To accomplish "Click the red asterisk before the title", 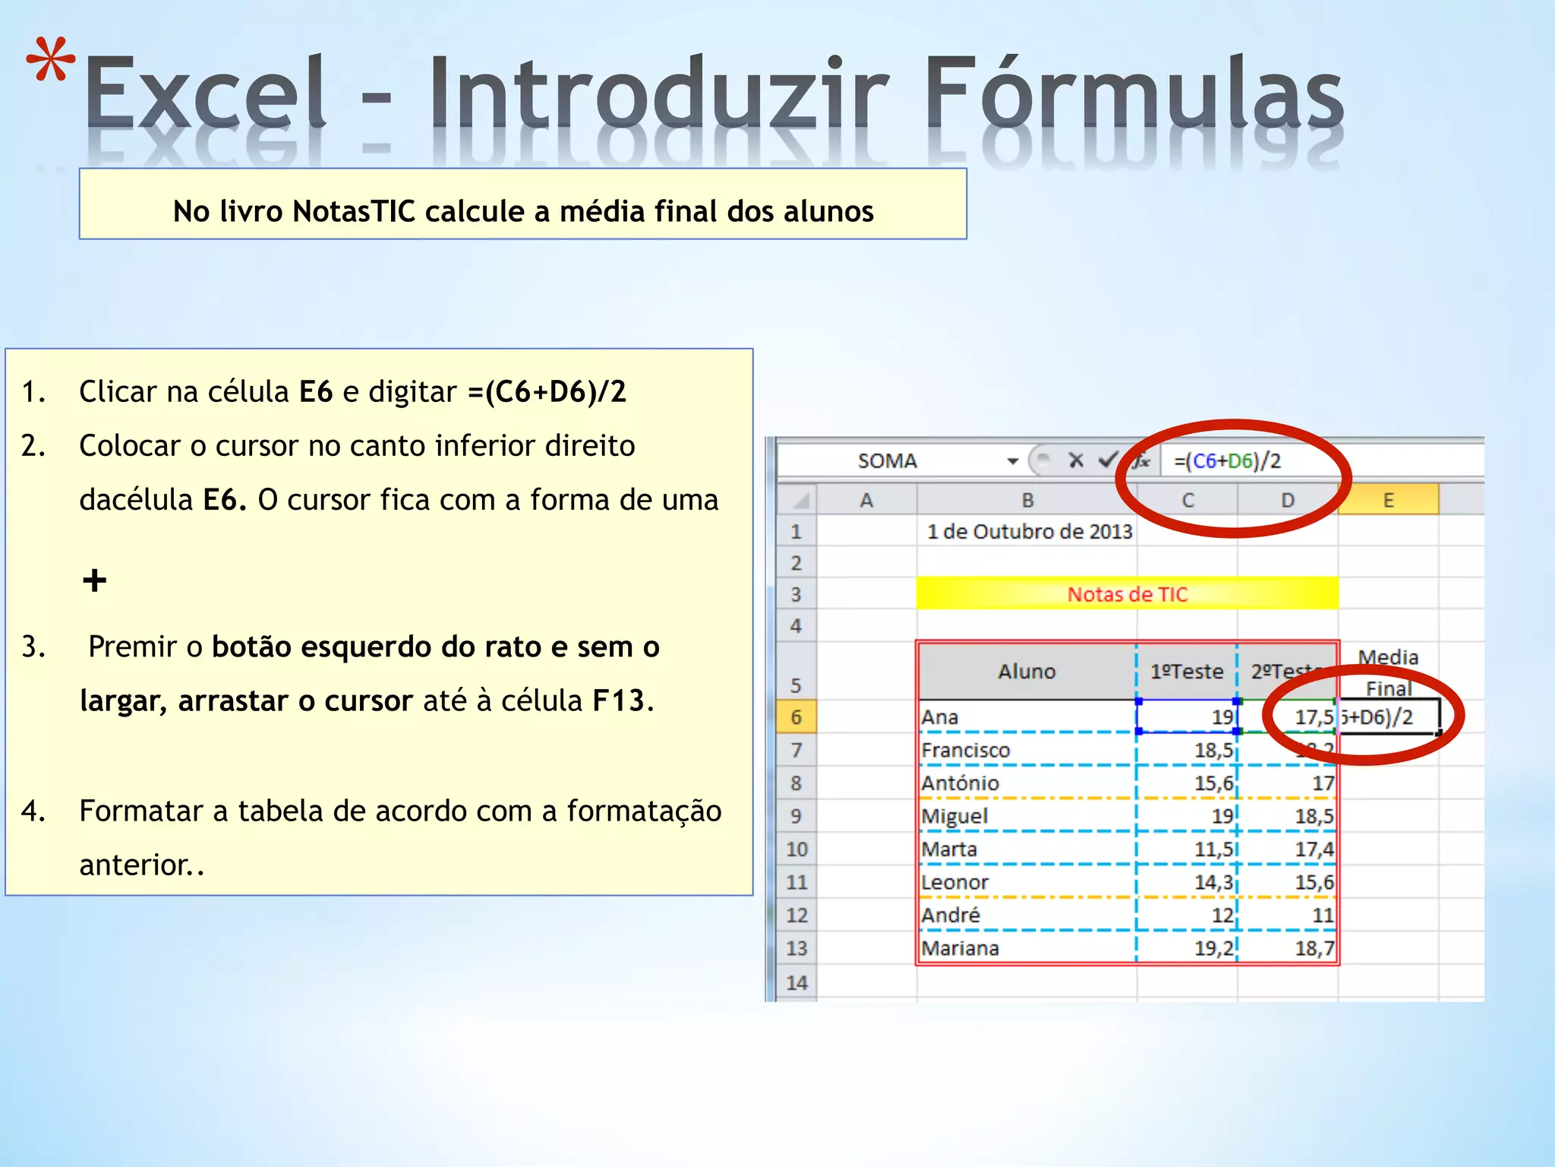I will [51, 61].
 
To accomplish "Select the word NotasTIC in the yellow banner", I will [354, 211].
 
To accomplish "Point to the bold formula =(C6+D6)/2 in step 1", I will [547, 392].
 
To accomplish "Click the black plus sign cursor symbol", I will [95, 581].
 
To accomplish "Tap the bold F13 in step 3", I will [618, 701].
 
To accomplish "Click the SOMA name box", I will [887, 461].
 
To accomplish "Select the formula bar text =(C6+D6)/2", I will [1227, 461].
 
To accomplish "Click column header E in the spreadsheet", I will [1388, 501].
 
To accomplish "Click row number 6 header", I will [796, 717].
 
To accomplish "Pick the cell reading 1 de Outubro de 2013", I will [1030, 532].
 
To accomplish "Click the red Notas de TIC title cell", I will [1127, 594].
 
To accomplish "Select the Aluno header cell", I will [1027, 672].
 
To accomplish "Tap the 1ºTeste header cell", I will [1187, 672].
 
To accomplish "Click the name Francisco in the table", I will [966, 751].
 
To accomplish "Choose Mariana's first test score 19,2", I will [1213, 948].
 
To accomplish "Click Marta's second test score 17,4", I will [1314, 849].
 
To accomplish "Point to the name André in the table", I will [951, 916].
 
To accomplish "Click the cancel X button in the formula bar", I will [1075, 460].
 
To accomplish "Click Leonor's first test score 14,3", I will [1213, 883].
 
